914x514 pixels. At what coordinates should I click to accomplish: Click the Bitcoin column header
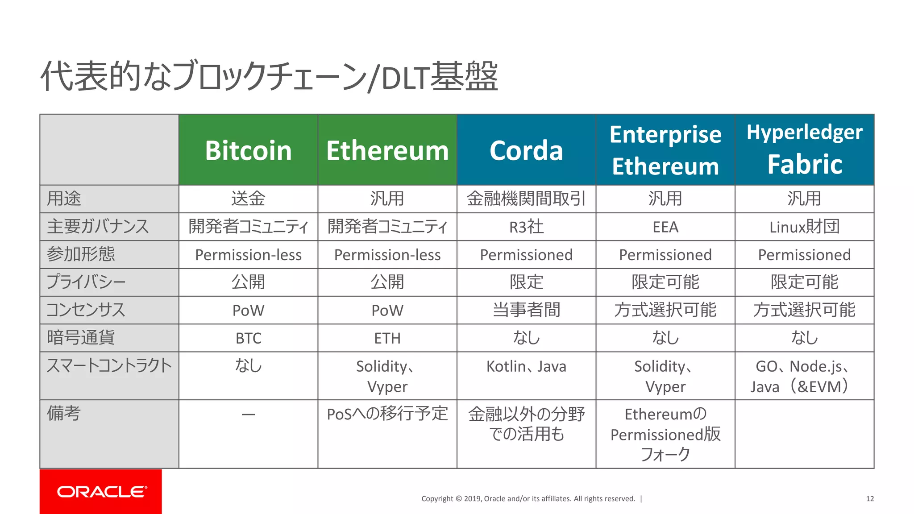tap(248, 150)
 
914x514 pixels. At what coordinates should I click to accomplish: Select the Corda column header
tap(526, 150)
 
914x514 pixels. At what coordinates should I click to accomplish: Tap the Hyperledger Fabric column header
tap(804, 149)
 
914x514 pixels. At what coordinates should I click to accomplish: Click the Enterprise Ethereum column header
tap(665, 150)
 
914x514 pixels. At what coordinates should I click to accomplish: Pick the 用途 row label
tap(64, 199)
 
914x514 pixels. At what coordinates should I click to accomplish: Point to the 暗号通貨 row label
tap(81, 338)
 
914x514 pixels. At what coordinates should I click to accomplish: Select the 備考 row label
tap(64, 414)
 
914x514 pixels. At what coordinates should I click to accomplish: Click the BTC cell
tap(248, 338)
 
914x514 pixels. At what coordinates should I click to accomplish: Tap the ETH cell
tap(387, 338)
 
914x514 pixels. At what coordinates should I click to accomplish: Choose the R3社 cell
tap(526, 227)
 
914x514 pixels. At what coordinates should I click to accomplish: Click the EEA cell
tap(665, 227)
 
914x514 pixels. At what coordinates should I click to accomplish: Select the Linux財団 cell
tap(804, 227)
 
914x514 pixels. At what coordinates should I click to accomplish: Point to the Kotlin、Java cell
tap(526, 367)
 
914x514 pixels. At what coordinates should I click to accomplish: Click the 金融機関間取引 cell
tap(526, 199)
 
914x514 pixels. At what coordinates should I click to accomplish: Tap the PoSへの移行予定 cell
tap(387, 414)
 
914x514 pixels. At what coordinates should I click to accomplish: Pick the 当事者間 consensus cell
tap(526, 310)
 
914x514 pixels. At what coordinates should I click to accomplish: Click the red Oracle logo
tap(101, 492)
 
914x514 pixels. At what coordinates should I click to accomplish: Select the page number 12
tap(870, 499)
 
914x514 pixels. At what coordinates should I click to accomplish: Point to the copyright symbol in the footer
tap(458, 499)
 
